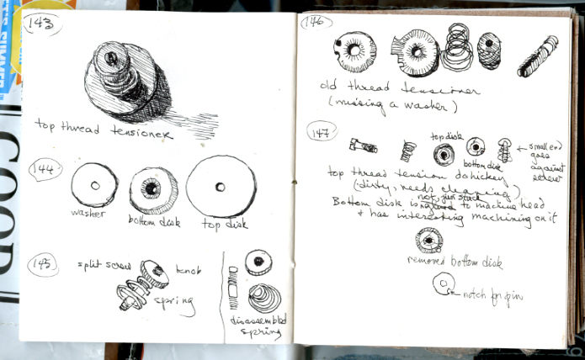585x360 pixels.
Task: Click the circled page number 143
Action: point(44,24)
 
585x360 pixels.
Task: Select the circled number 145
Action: point(42,264)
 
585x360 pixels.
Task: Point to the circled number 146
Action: point(316,23)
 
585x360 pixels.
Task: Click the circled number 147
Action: point(321,130)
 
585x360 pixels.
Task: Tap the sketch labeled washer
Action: point(94,185)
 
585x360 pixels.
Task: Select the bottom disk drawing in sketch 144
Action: point(153,190)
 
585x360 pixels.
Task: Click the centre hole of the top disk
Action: point(220,187)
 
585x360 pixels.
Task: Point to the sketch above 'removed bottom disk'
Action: point(429,241)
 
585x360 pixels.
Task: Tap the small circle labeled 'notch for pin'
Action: point(443,284)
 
